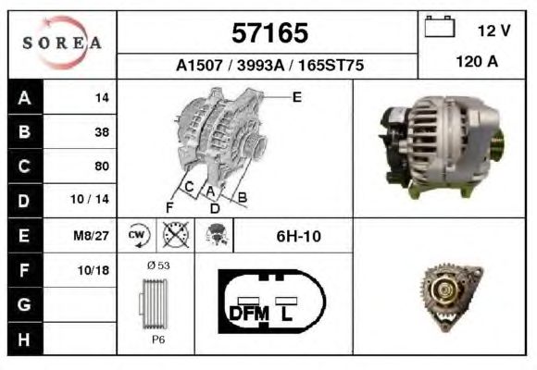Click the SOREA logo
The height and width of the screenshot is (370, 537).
point(62,43)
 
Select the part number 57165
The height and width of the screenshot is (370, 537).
point(269,33)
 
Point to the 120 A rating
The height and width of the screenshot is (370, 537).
point(477,62)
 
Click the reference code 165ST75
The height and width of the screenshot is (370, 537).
point(331,65)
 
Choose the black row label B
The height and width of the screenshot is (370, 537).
point(25,131)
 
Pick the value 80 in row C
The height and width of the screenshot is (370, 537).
point(102,166)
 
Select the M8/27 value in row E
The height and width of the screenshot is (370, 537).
point(91,236)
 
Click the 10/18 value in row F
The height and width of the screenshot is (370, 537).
point(94,270)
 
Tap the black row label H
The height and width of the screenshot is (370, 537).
point(24,339)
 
